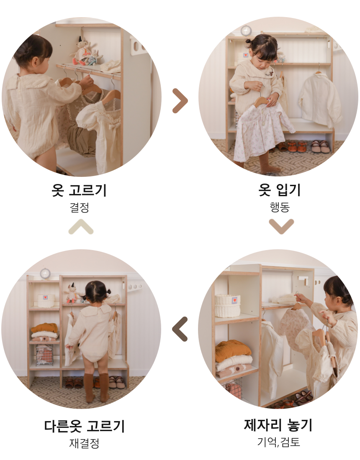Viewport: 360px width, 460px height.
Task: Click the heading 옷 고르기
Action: tap(79, 190)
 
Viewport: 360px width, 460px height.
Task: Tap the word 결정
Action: tap(79, 207)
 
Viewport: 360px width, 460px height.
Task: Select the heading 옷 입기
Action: tap(279, 190)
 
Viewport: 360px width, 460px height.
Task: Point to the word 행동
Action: tap(280, 207)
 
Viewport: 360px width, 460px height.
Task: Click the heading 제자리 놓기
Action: tap(278, 425)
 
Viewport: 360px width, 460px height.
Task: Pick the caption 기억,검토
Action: tap(278, 442)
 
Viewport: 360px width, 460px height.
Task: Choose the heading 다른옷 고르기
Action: tap(85, 426)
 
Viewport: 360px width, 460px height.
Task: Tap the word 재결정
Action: tap(84, 443)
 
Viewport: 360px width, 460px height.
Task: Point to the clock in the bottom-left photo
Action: tap(45, 273)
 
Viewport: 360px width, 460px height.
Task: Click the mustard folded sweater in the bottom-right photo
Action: tap(233, 351)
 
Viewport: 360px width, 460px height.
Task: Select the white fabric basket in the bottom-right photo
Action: tap(227, 306)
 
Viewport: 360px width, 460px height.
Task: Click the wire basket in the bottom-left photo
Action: tap(44, 355)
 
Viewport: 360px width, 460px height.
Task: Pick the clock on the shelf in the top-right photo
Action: tap(246, 31)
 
